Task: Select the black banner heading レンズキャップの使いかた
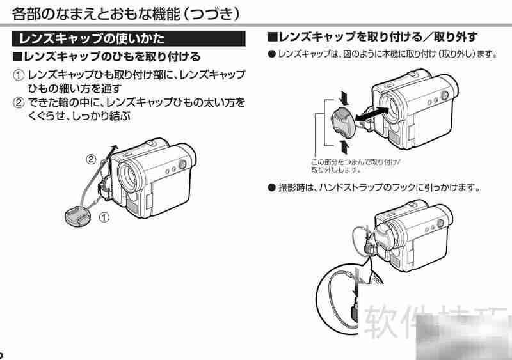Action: (x=93, y=38)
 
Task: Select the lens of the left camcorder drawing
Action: (x=131, y=173)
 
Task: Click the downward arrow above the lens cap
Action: (x=346, y=98)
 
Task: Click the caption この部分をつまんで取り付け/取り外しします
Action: (x=355, y=166)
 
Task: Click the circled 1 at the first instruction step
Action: (x=20, y=75)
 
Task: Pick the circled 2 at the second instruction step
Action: (x=20, y=102)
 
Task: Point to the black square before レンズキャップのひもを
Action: (x=18, y=58)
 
